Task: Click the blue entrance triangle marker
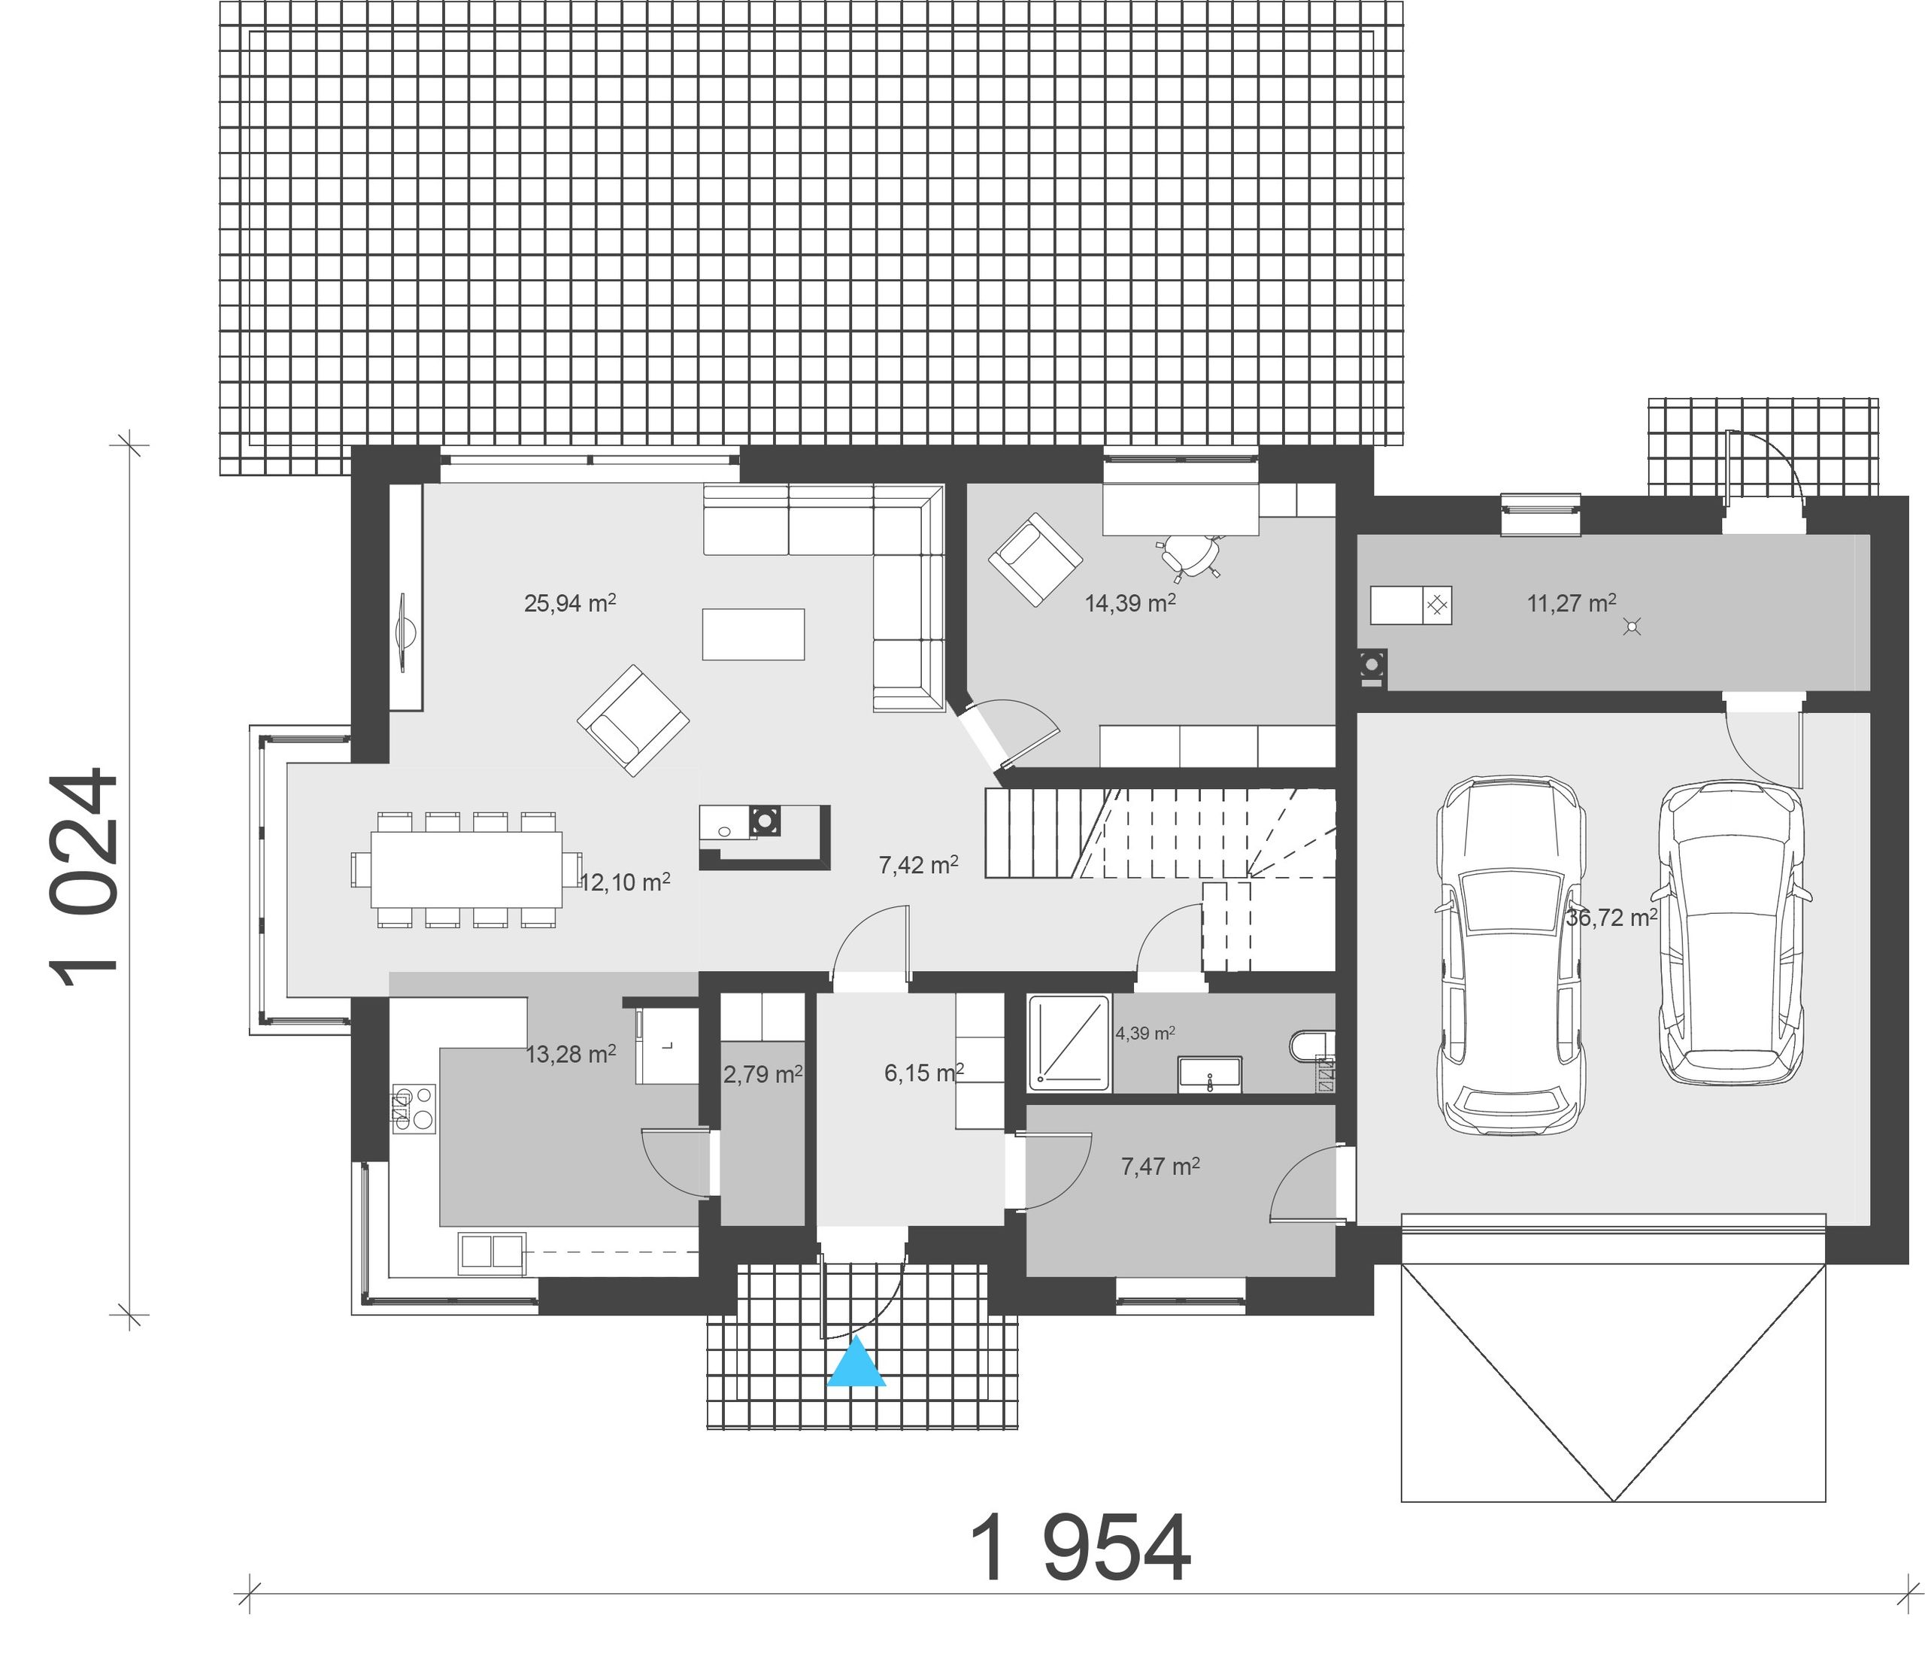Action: coord(856,1362)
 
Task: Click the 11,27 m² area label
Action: coord(1571,603)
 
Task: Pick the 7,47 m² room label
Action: coord(1160,1166)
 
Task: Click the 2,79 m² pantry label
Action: coord(762,1074)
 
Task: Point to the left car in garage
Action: coord(1510,957)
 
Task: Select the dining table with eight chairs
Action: coord(466,869)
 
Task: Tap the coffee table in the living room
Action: coord(753,634)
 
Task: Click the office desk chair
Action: coord(1189,555)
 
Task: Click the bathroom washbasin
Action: coord(1210,1074)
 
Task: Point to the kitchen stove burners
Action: coord(414,1109)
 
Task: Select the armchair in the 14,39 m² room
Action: coord(1035,560)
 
